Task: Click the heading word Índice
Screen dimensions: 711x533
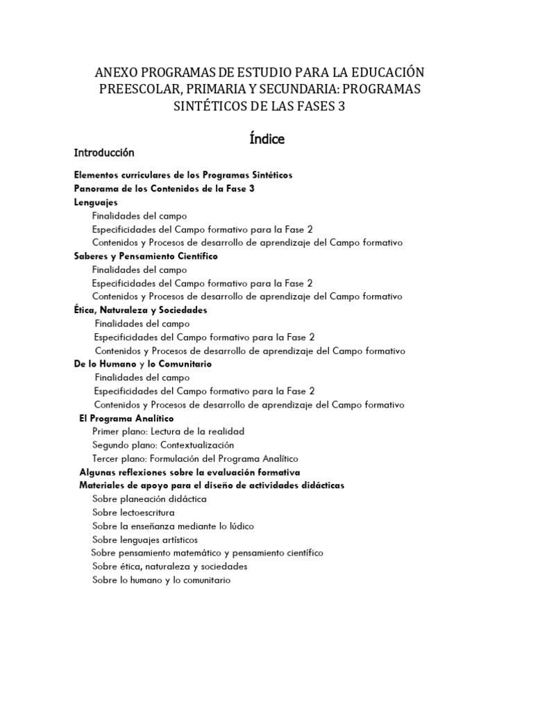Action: click(266, 139)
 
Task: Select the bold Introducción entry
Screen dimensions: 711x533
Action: click(104, 153)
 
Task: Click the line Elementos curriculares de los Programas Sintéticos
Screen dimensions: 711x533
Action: click(183, 175)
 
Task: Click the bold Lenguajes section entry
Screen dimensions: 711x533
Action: click(96, 202)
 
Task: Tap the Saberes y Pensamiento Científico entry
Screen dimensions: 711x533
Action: click(146, 256)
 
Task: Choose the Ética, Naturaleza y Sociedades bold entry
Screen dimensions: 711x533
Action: click(140, 310)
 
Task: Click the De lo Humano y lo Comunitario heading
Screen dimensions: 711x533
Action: click(143, 364)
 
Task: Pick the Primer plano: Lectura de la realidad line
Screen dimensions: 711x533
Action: click(168, 431)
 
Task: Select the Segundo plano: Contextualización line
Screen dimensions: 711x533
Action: click(163, 445)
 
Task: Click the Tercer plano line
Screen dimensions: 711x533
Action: click(195, 458)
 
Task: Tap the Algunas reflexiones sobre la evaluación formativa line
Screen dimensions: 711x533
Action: click(190, 472)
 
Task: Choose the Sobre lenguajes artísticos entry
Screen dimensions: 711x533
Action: click(145, 539)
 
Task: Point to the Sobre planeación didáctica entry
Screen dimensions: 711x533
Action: click(149, 499)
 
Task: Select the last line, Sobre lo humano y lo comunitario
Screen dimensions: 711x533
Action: click(161, 580)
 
